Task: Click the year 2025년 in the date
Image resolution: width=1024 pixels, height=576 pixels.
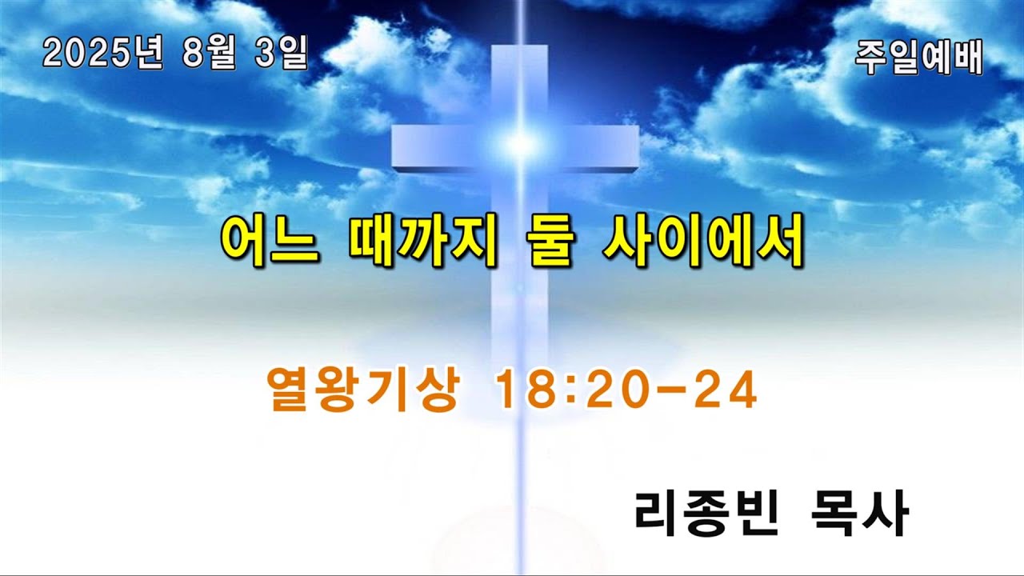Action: (102, 54)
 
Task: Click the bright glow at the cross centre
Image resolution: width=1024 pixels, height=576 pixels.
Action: (520, 144)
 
